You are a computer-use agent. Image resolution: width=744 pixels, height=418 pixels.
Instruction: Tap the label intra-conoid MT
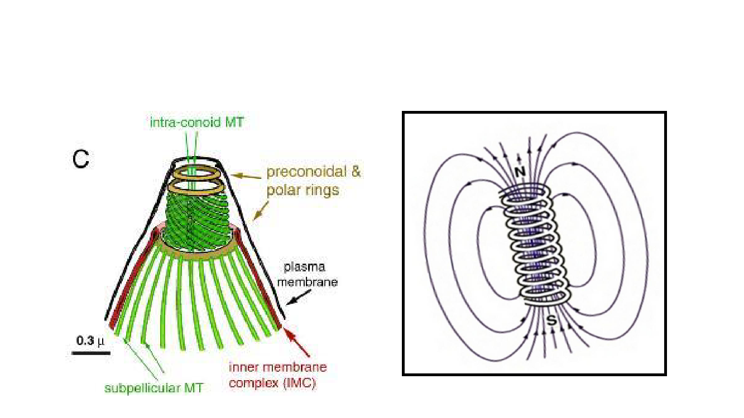196,123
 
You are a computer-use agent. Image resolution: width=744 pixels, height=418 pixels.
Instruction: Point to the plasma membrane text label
315,275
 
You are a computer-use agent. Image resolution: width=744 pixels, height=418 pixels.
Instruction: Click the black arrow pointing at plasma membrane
295,300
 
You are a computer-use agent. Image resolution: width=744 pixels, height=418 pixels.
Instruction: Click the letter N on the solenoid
520,173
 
